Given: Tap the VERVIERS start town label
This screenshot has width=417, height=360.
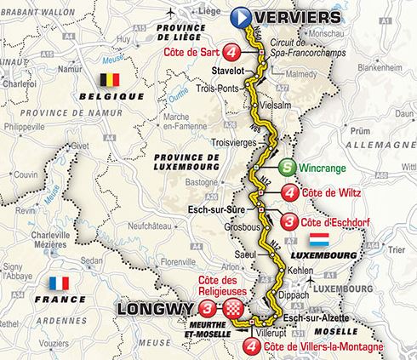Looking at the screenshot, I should coord(291,15).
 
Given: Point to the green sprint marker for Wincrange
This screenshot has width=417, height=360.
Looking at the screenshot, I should coord(288,168).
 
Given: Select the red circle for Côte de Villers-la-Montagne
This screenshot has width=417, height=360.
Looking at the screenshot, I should coord(277,346).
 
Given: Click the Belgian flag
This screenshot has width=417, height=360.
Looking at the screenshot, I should coord(110,82).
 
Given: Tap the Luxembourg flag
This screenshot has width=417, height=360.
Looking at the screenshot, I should coord(319,237).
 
